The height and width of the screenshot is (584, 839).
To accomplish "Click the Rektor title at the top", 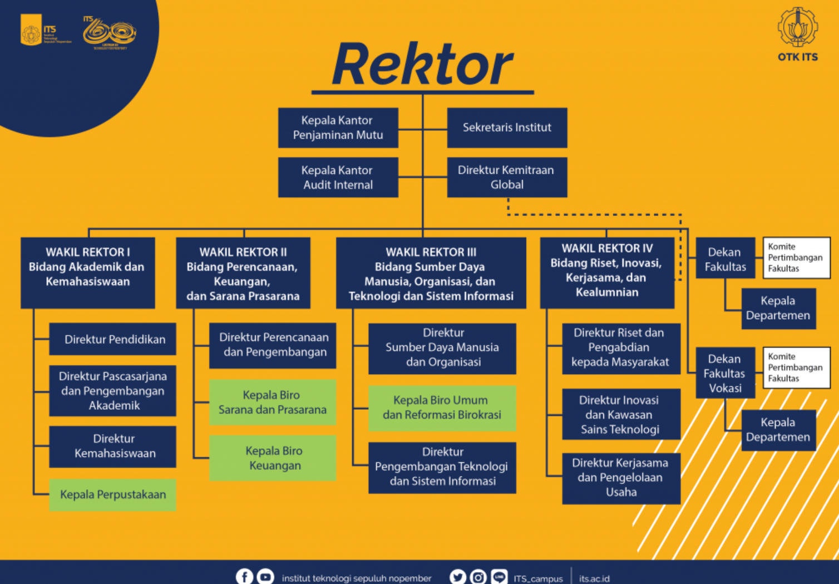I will point(422,64).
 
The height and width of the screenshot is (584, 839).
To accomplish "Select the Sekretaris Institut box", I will point(507,127).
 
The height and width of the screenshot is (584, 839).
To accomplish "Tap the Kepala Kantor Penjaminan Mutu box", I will point(338,127).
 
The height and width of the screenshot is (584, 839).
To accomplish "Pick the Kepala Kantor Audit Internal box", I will point(338,177).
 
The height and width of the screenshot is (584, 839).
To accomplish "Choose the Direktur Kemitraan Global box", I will point(507,177).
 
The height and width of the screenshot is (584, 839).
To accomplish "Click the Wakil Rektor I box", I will point(87,272).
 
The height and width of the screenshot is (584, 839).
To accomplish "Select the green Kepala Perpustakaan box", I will point(112,494).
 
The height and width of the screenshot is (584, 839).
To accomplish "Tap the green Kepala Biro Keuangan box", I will point(273,458).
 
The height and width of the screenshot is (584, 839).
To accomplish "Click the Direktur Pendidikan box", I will point(112,339).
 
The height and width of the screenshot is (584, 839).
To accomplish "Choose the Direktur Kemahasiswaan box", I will point(112,446).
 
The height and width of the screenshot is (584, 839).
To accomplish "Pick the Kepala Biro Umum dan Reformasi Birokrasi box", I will point(442,408).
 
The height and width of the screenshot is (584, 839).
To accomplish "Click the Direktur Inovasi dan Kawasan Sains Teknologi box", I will point(621,414).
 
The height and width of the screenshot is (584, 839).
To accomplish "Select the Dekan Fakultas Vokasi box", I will point(725,373).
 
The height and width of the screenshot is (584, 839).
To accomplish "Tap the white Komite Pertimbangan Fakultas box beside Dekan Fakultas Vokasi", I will point(796,367).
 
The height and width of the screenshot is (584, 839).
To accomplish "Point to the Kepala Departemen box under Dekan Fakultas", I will point(778,308).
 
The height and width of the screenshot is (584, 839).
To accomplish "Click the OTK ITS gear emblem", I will point(797,27).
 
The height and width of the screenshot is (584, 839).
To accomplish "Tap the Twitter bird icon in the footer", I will point(458,577).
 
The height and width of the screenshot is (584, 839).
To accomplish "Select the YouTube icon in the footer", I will point(265,577).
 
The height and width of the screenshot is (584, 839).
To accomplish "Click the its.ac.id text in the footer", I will point(594,578).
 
